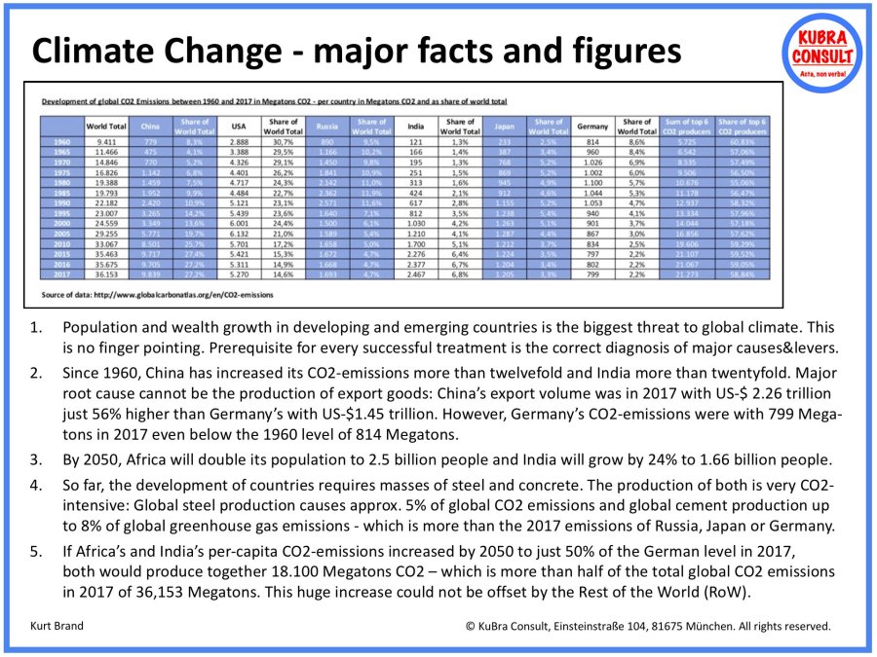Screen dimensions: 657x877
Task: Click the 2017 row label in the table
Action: [x=61, y=275]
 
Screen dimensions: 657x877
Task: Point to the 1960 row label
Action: [x=61, y=141]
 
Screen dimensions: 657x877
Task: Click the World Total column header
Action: [x=104, y=127]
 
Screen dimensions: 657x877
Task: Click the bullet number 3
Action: [x=37, y=459]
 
